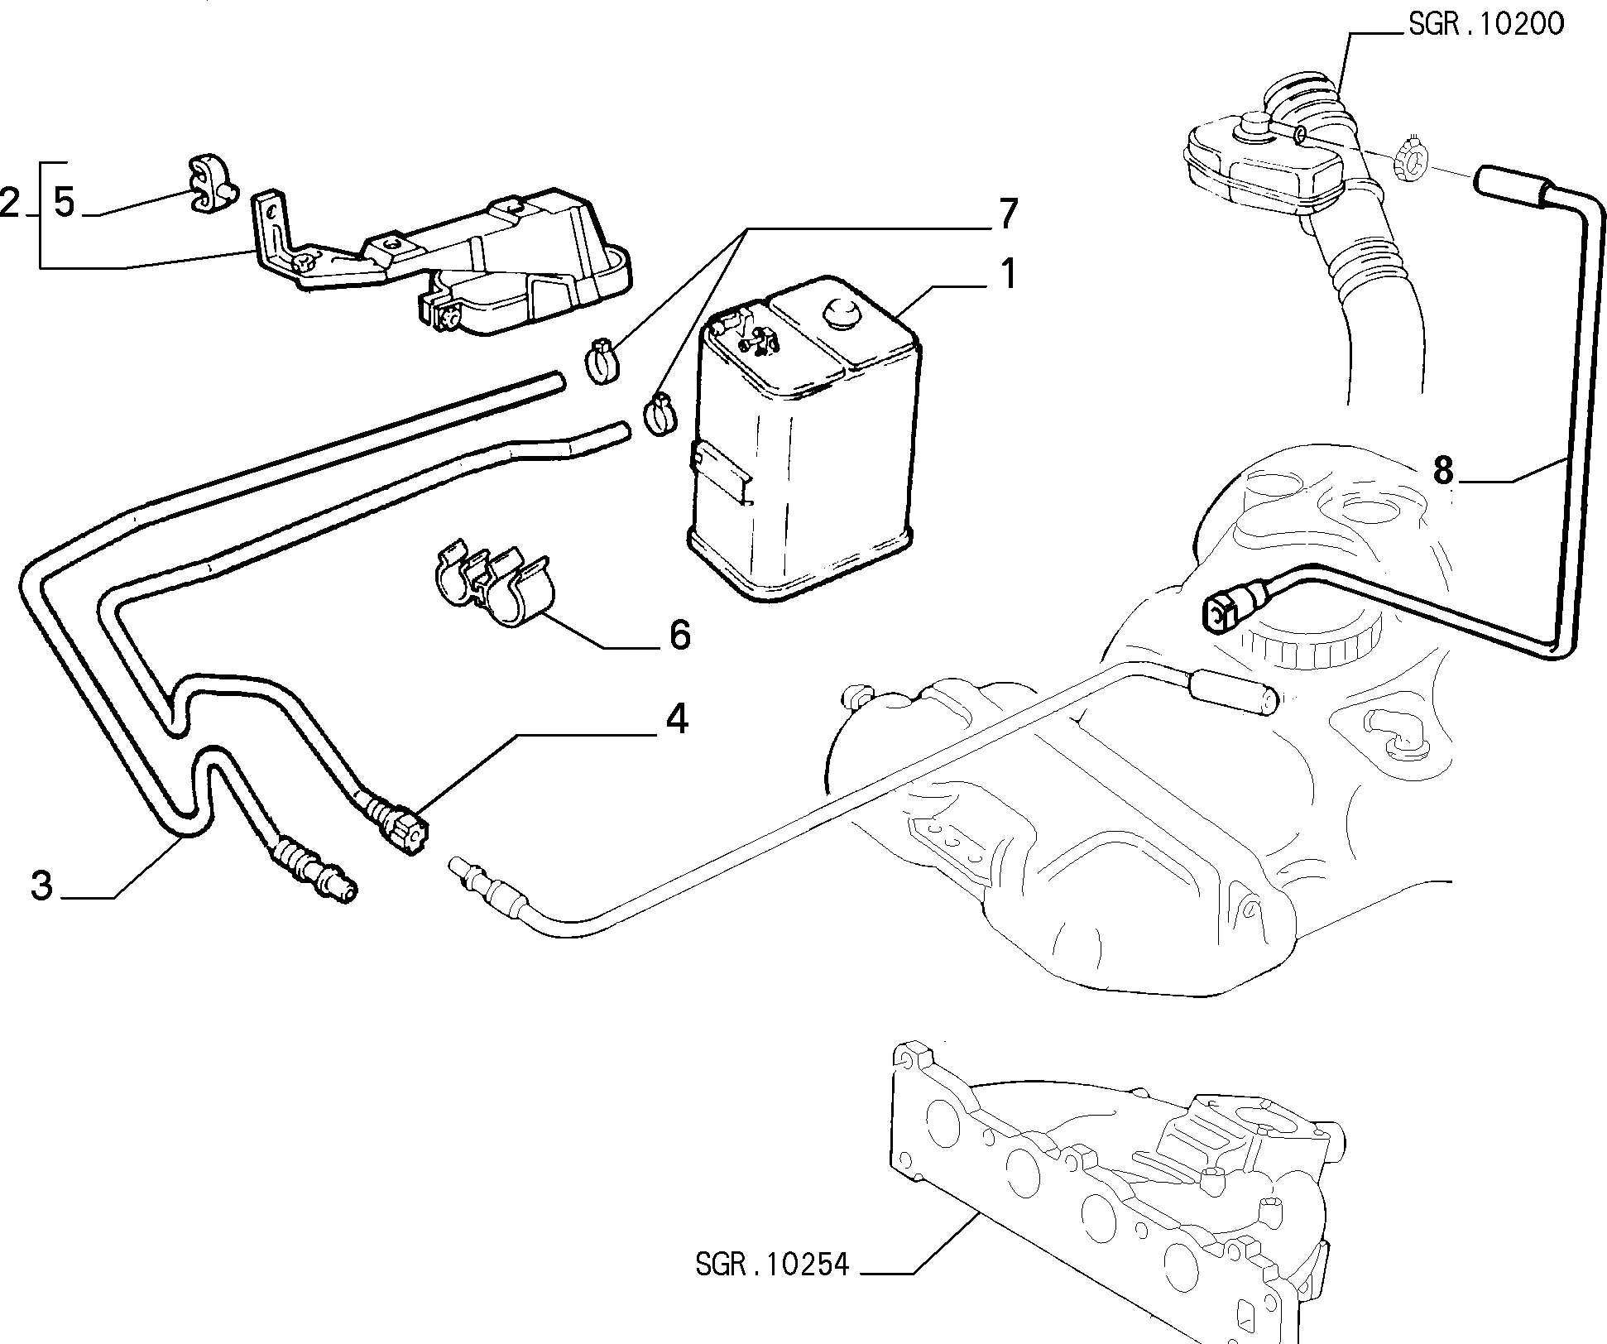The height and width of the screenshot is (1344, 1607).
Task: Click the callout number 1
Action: point(1007,273)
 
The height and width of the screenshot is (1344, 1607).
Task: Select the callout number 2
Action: point(10,203)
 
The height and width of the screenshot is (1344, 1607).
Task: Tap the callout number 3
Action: point(41,886)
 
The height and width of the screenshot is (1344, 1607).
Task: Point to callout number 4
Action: point(677,719)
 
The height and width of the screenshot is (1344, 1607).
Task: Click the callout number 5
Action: point(64,203)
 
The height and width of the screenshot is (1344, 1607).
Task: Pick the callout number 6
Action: point(679,636)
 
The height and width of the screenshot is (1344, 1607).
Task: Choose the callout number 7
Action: point(1006,214)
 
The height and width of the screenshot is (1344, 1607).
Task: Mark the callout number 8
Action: point(1442,472)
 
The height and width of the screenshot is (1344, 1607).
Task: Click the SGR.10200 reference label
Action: point(1485,24)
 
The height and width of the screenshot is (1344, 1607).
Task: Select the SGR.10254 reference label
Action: point(772,1288)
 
